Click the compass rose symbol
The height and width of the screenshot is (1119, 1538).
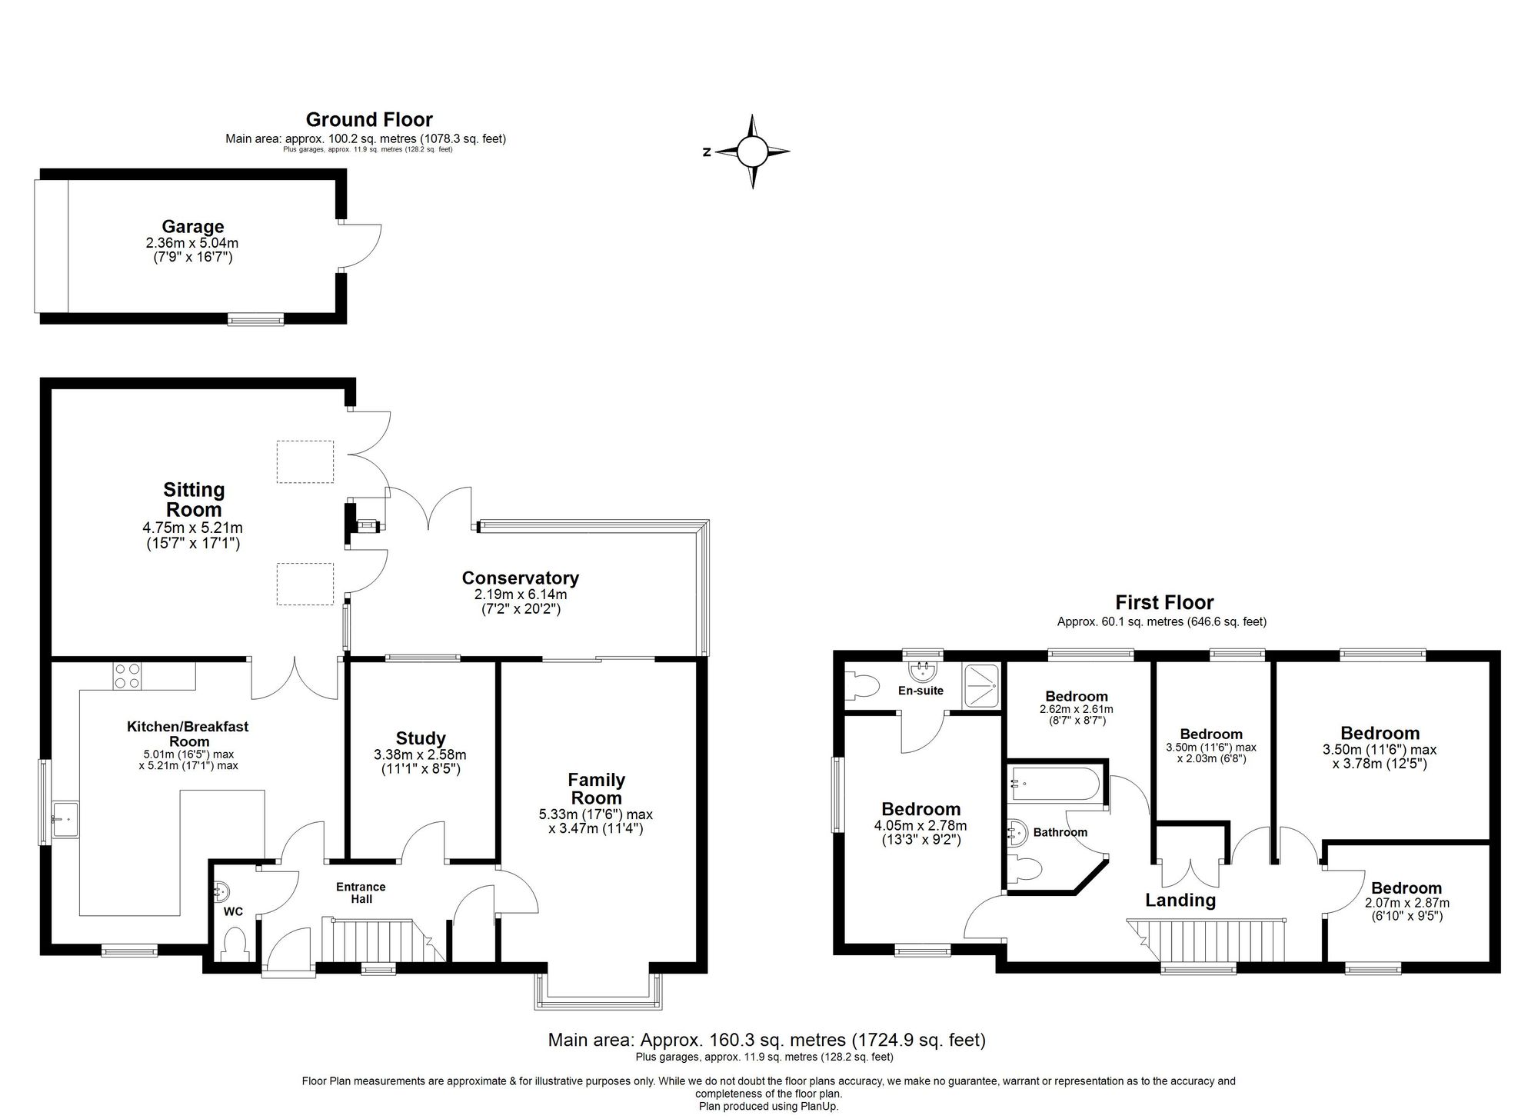click(752, 152)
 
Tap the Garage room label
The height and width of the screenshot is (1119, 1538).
click(192, 226)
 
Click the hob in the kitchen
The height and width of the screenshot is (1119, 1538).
click(127, 675)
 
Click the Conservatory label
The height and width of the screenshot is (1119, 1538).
click(520, 578)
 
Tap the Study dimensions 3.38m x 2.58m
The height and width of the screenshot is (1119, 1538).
click(420, 754)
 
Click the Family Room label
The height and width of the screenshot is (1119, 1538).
click(596, 788)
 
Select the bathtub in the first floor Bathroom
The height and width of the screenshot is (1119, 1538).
click(1056, 785)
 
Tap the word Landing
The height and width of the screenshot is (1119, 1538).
click(1180, 901)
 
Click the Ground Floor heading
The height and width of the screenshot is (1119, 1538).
click(369, 119)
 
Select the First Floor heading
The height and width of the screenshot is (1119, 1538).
click(1164, 602)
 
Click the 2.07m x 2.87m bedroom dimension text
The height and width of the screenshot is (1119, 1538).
click(1407, 903)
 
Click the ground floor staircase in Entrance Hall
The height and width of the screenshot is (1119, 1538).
click(377, 941)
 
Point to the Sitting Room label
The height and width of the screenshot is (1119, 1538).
click(194, 499)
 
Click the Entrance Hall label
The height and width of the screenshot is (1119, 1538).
click(361, 892)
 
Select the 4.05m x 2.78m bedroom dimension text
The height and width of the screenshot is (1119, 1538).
click(920, 825)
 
